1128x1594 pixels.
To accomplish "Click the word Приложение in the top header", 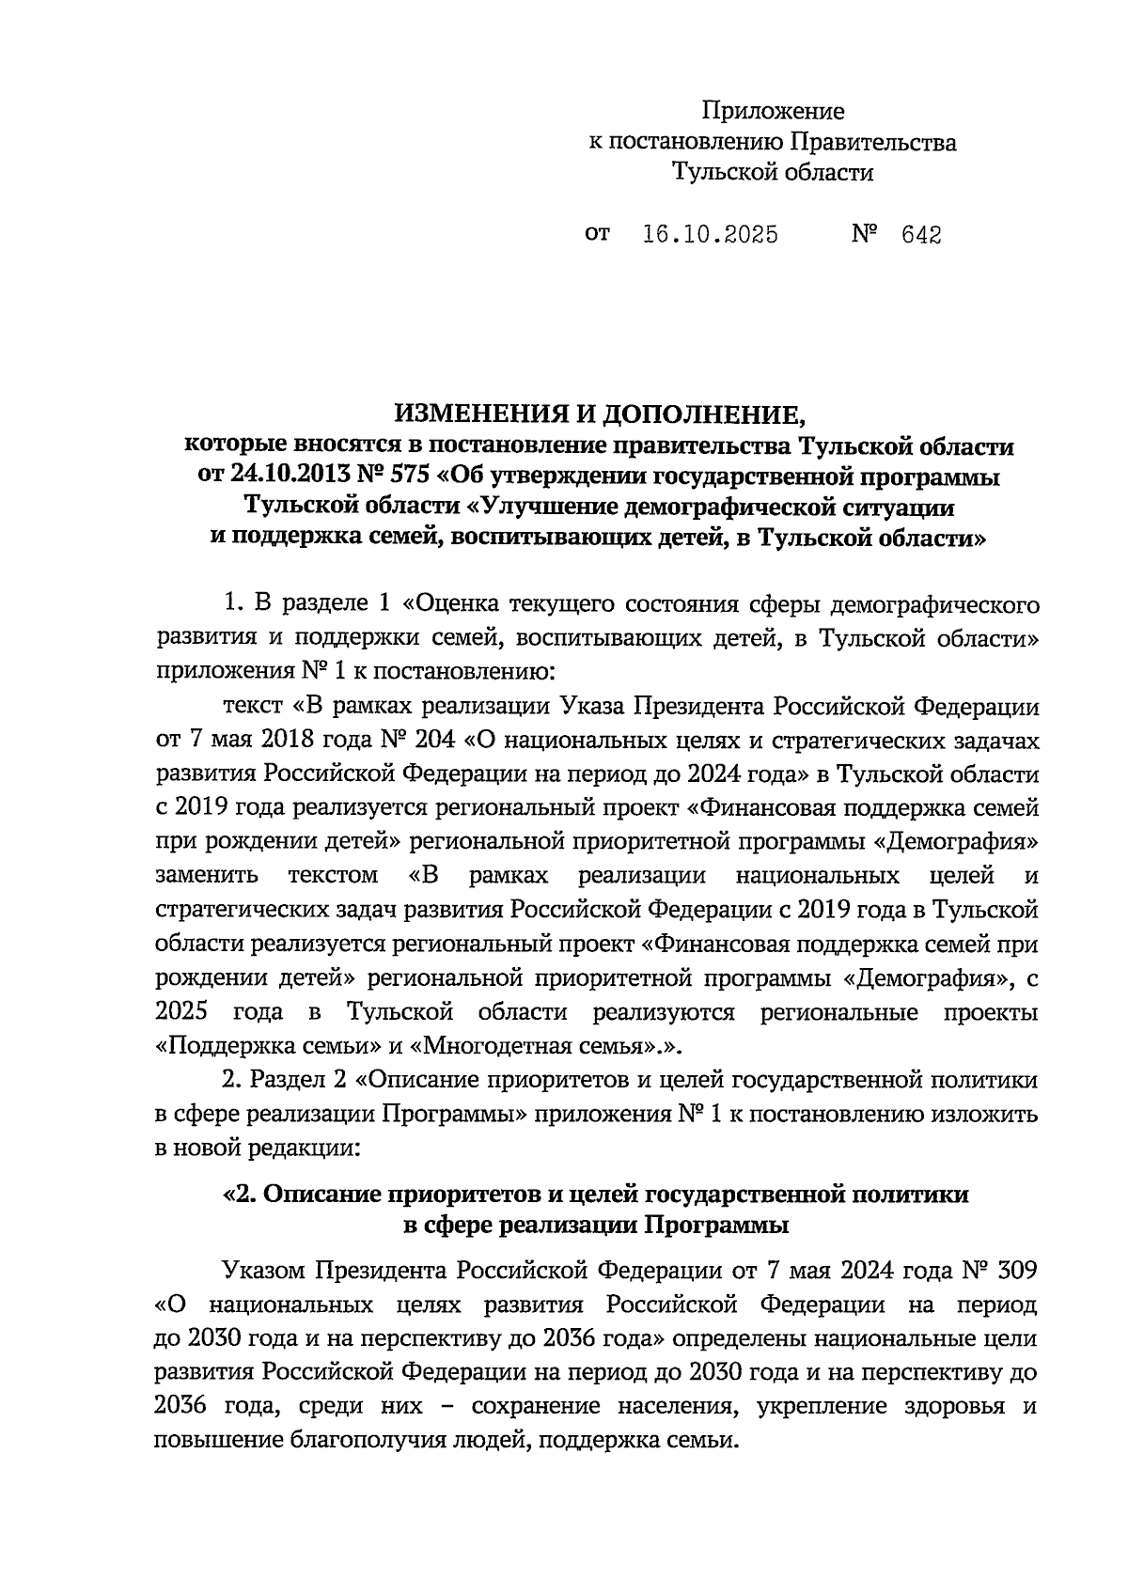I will [x=774, y=112].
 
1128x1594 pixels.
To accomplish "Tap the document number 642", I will [x=921, y=235].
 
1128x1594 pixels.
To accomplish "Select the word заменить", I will [x=206, y=876].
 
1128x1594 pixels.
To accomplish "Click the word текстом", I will [x=333, y=876].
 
